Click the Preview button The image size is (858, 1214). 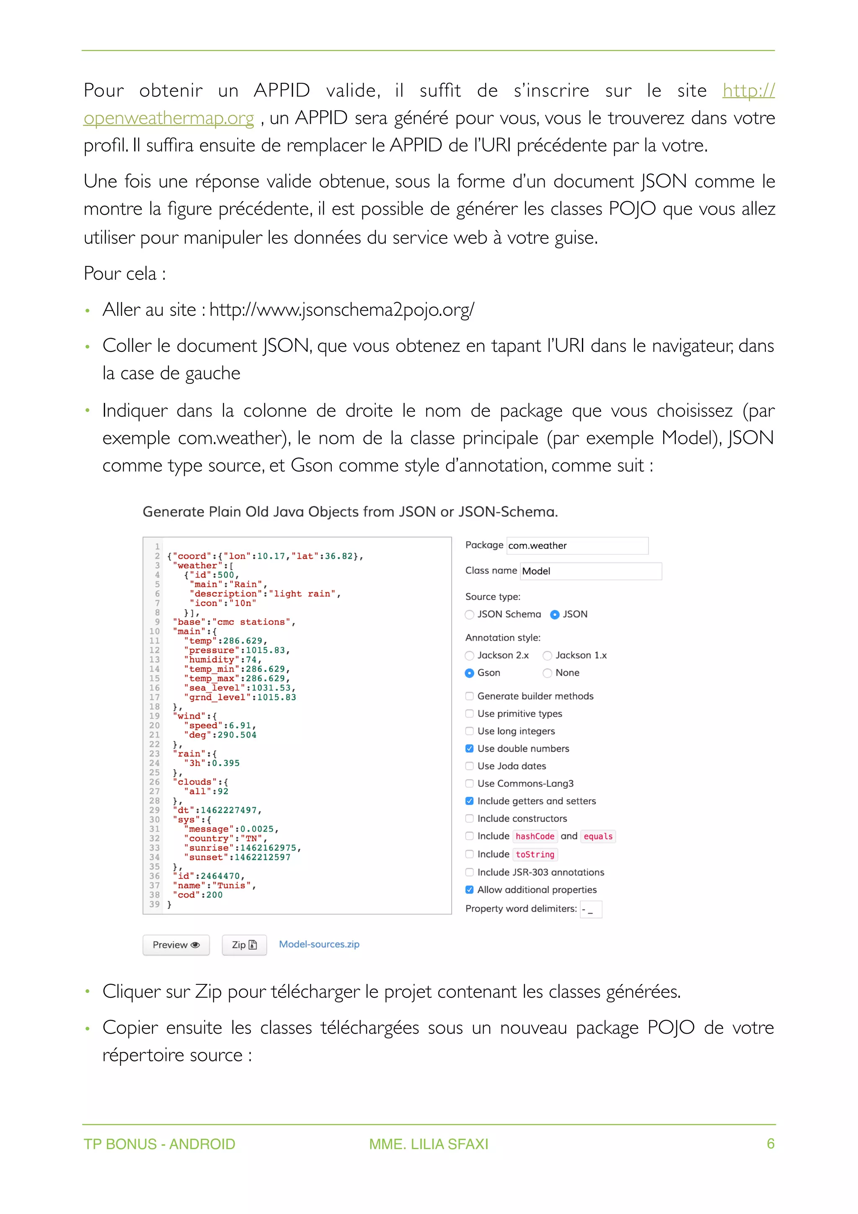pyautogui.click(x=176, y=945)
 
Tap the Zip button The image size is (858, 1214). pyautogui.click(x=244, y=945)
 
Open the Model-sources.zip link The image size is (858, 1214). pyautogui.click(x=319, y=944)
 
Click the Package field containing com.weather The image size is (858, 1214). pyautogui.click(x=577, y=546)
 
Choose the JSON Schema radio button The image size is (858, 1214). pyautogui.click(x=470, y=615)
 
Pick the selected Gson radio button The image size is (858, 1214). pyautogui.click(x=470, y=673)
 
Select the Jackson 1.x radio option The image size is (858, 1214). pyautogui.click(x=548, y=656)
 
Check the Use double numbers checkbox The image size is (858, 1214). pyautogui.click(x=470, y=749)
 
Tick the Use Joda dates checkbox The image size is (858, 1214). pyautogui.click(x=470, y=766)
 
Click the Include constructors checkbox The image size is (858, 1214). pyautogui.click(x=470, y=819)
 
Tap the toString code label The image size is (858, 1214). pyautogui.click(x=535, y=855)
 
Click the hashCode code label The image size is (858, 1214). pyautogui.click(x=535, y=837)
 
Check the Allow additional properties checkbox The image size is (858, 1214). pyautogui.click(x=470, y=890)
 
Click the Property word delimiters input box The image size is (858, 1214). pyautogui.click(x=590, y=909)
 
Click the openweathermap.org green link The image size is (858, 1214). pyautogui.click(x=169, y=119)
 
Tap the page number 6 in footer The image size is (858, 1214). pyautogui.click(x=770, y=1144)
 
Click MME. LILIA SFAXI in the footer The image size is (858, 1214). pyautogui.click(x=428, y=1144)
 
